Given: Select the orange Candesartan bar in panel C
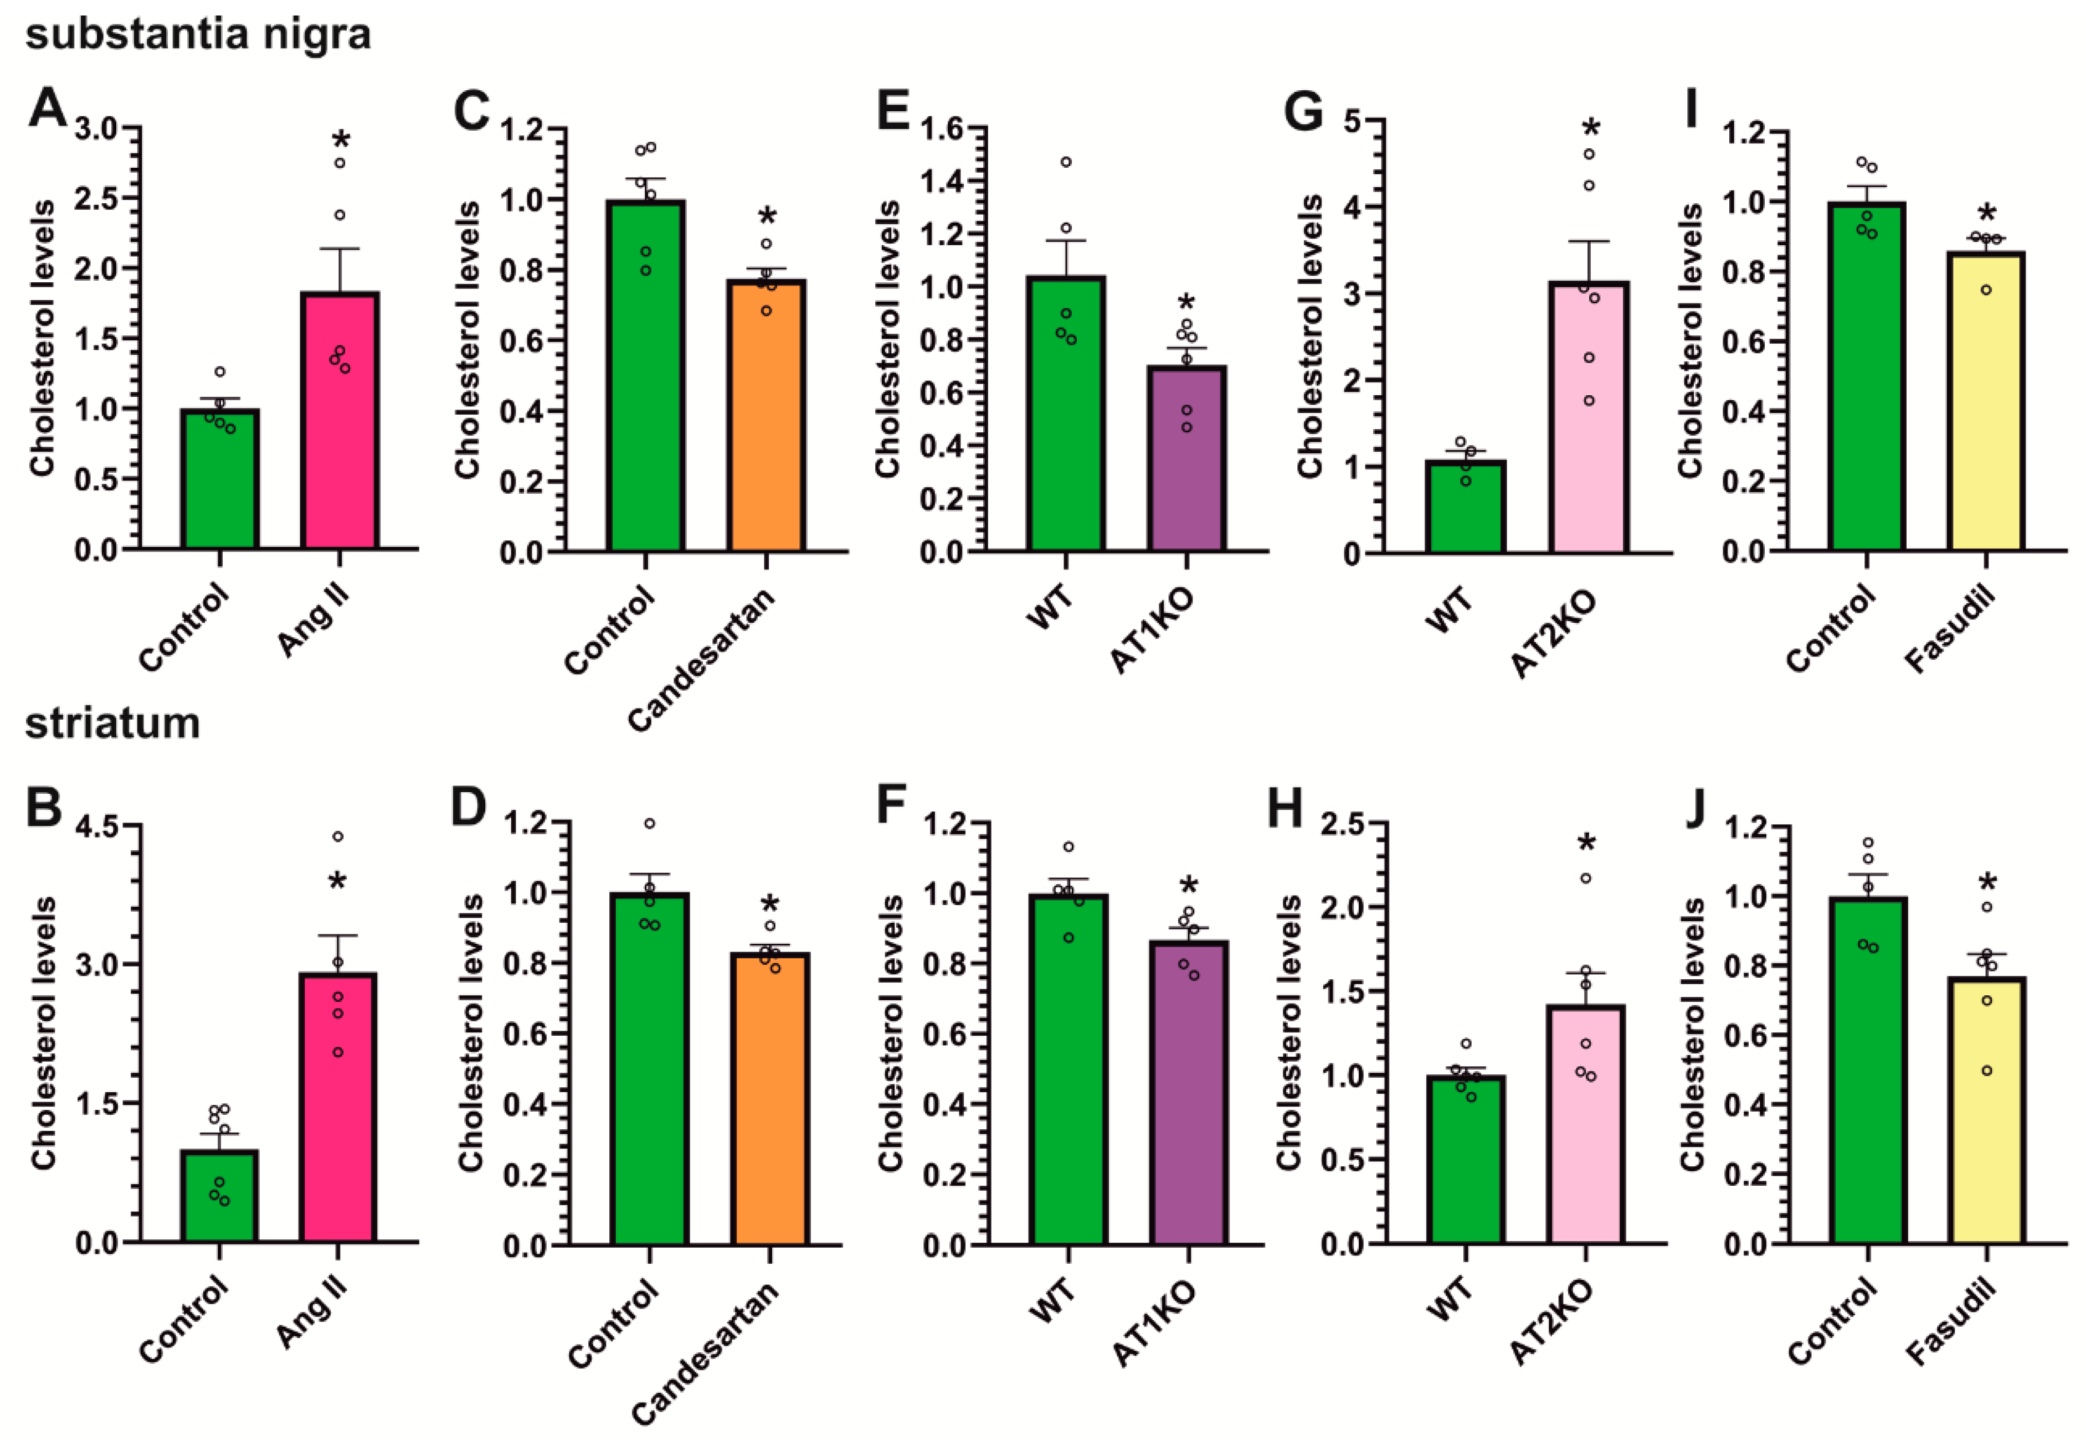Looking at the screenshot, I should (x=767, y=417).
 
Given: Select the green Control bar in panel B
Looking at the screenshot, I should (x=219, y=1197).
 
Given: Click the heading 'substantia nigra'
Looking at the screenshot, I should (x=198, y=34).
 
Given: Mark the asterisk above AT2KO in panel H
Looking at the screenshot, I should (x=1586, y=843).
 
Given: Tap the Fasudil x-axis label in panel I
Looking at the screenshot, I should (x=1950, y=630).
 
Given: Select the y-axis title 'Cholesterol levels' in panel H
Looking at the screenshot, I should (x=1289, y=1033).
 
